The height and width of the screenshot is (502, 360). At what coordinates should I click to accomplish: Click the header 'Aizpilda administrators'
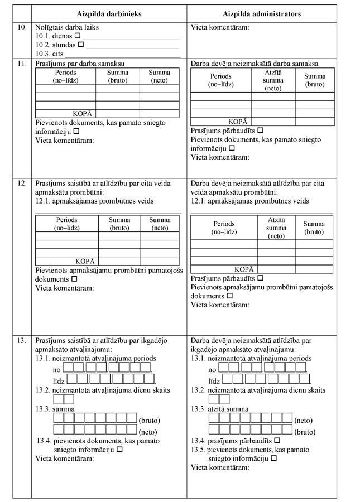click(x=262, y=13)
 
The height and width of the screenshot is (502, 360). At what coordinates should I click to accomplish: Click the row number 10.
click(x=22, y=27)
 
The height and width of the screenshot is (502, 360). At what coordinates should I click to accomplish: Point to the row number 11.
click(x=22, y=64)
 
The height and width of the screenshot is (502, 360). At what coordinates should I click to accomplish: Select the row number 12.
click(x=22, y=183)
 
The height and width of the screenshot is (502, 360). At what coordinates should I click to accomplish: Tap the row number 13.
click(x=22, y=340)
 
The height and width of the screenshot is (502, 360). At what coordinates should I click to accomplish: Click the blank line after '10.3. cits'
click(x=123, y=55)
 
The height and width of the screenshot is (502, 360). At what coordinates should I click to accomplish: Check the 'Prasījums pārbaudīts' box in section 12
click(x=260, y=278)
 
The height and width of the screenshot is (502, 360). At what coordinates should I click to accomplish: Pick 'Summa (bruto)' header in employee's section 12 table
click(x=119, y=224)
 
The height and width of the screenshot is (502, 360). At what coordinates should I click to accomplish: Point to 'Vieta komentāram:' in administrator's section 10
click(x=220, y=27)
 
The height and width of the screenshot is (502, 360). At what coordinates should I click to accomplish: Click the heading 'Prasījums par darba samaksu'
click(x=79, y=64)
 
